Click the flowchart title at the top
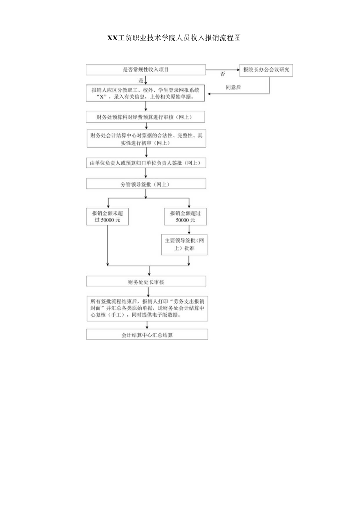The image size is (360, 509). [x=174, y=38]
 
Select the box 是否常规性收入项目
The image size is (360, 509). [x=146, y=70]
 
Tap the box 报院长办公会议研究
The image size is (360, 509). [x=266, y=70]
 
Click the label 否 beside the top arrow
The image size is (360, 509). [x=223, y=74]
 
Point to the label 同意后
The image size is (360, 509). [x=233, y=88]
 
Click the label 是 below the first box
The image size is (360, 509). [x=141, y=80]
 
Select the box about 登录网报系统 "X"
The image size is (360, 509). [x=146, y=93]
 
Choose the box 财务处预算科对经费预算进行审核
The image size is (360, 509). [x=146, y=117]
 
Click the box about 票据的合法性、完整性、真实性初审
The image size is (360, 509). [x=146, y=139]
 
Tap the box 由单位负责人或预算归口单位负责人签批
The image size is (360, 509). [x=146, y=163]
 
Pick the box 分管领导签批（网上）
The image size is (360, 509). [x=146, y=184]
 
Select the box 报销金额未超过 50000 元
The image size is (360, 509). [x=107, y=216]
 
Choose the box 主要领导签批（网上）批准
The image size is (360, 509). [x=184, y=245]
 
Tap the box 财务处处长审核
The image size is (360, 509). [x=146, y=281]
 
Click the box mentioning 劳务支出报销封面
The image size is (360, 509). [x=147, y=308]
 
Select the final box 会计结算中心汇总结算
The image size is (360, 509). [x=147, y=335]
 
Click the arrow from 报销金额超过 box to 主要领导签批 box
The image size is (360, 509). [x=189, y=230]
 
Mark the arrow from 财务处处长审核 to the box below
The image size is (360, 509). [x=148, y=291]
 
